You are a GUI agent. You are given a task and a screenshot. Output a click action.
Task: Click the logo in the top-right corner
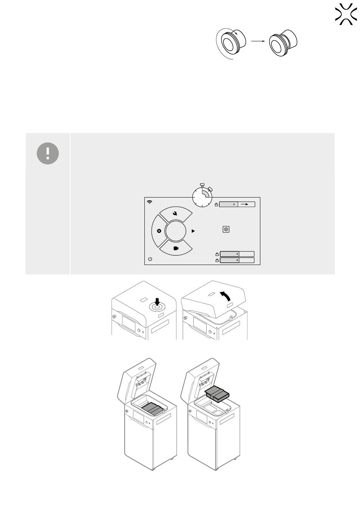346,15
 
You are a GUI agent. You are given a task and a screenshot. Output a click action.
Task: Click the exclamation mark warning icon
48,153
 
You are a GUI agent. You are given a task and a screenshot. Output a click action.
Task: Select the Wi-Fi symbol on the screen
150,202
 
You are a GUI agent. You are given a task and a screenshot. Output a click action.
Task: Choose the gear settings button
159,231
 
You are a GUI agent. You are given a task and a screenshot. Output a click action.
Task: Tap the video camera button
176,248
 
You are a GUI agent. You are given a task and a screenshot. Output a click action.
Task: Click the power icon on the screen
150,259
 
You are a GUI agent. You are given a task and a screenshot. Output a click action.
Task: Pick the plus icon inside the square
226,229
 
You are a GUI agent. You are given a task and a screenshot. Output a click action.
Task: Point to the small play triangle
193,230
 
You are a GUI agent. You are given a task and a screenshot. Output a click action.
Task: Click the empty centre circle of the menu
176,231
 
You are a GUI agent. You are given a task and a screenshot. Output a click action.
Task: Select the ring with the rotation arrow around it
230,44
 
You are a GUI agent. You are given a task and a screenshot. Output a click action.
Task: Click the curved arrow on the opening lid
224,296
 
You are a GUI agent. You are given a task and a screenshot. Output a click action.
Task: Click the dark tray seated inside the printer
153,408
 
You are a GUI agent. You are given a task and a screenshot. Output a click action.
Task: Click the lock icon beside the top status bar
216,205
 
